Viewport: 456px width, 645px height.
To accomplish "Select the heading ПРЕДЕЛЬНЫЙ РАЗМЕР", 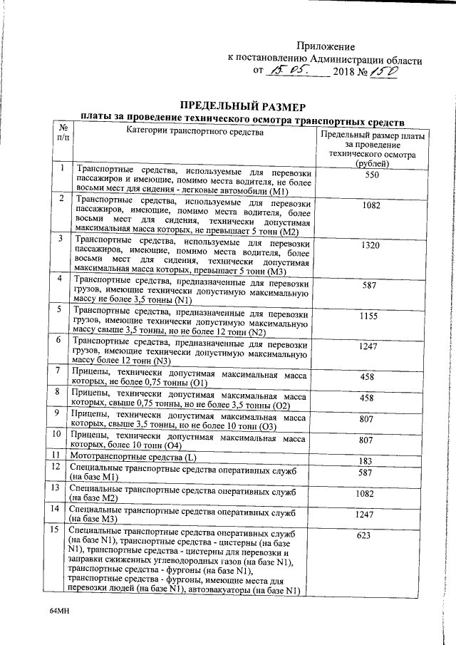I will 242,104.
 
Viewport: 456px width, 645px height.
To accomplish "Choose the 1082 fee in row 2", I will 370,205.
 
